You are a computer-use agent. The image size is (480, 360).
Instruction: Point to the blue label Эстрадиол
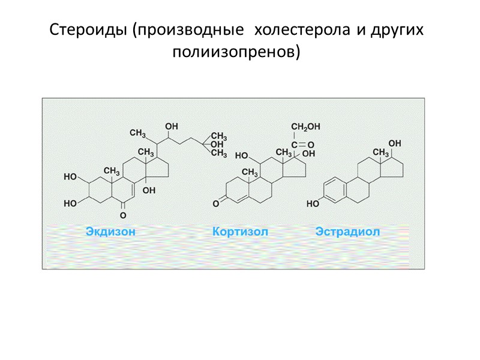tap(347, 232)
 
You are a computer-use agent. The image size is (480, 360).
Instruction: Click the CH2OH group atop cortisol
tap(305, 127)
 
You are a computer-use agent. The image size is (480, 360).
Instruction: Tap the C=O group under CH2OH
tap(302, 145)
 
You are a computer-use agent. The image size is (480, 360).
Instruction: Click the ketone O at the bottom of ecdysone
tap(123, 214)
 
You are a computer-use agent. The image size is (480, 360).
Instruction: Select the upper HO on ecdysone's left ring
tap(71, 177)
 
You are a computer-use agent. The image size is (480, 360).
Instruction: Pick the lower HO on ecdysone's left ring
tap(71, 203)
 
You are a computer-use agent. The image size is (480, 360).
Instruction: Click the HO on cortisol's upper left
tap(242, 155)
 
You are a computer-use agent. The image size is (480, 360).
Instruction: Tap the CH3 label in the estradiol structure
tap(382, 154)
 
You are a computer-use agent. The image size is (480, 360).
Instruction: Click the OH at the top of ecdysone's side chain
tap(172, 127)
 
